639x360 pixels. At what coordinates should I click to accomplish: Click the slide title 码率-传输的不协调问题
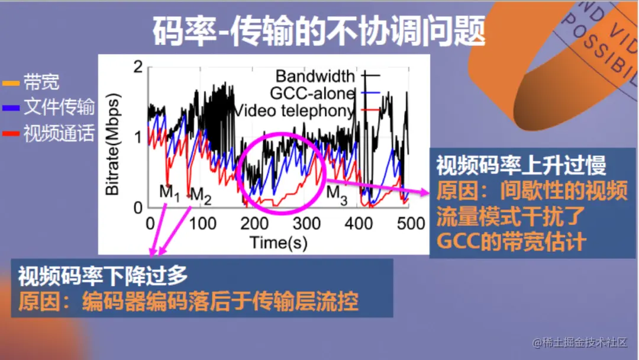click(319, 31)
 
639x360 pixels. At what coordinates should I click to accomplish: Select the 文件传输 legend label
click(59, 107)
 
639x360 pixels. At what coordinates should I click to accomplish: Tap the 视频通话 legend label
click(59, 133)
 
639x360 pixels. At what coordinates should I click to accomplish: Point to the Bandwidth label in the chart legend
click(315, 76)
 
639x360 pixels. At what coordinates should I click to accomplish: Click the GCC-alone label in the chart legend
click(312, 93)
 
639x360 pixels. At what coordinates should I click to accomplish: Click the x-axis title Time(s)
click(278, 242)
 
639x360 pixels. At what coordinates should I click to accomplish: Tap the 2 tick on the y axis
click(139, 67)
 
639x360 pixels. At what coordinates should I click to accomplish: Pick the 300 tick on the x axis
click(306, 223)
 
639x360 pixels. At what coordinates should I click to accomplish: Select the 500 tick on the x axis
click(410, 223)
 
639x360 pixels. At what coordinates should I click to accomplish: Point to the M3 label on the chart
click(337, 192)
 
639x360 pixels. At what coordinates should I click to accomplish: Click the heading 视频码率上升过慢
click(521, 166)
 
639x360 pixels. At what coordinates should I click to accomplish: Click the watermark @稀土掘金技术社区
click(579, 342)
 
